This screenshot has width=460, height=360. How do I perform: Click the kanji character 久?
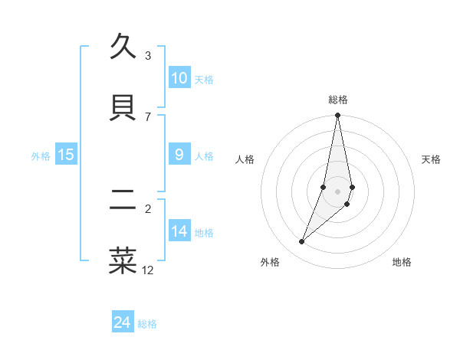point(123,48)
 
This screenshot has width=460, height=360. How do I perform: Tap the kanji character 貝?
point(123,107)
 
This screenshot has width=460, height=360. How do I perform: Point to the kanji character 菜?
point(123,261)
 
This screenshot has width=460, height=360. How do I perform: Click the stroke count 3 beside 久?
point(148,56)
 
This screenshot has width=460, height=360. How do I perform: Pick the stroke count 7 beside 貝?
point(148,116)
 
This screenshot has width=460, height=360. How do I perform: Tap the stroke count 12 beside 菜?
point(148,270)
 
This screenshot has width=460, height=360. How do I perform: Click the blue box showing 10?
point(179,78)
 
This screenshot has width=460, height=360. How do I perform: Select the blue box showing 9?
point(179,155)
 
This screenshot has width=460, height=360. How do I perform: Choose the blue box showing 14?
point(179,231)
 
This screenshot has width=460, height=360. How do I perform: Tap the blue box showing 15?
point(66,155)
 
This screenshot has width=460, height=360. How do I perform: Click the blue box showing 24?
point(123,322)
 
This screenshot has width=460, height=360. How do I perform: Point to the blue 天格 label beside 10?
point(204,80)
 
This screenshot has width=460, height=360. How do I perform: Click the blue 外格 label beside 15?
point(41,156)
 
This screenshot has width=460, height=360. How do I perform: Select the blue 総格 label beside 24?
point(147,324)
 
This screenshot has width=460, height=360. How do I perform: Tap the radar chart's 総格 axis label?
point(338,100)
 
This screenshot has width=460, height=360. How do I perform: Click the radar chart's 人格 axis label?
point(245,159)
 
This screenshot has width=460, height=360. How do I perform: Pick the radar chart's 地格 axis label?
point(402,262)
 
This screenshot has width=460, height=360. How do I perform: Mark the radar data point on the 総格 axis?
point(337,116)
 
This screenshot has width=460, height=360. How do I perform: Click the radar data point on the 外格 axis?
point(301,242)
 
